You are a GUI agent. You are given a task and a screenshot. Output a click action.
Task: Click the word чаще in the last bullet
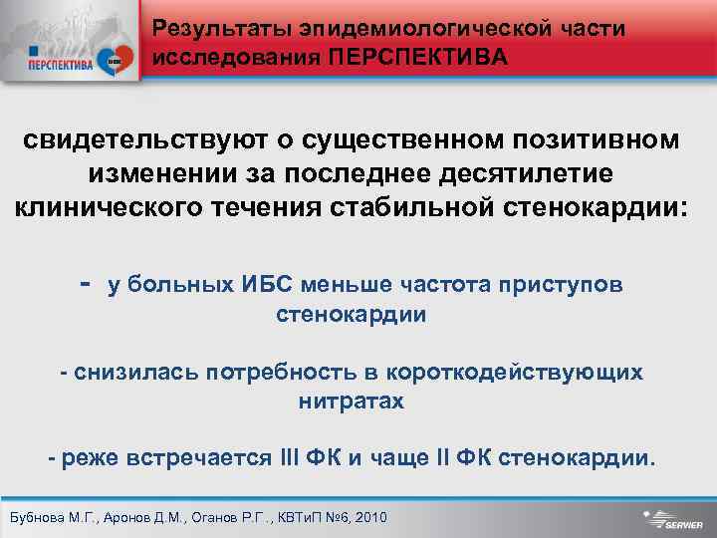tap(397, 458)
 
